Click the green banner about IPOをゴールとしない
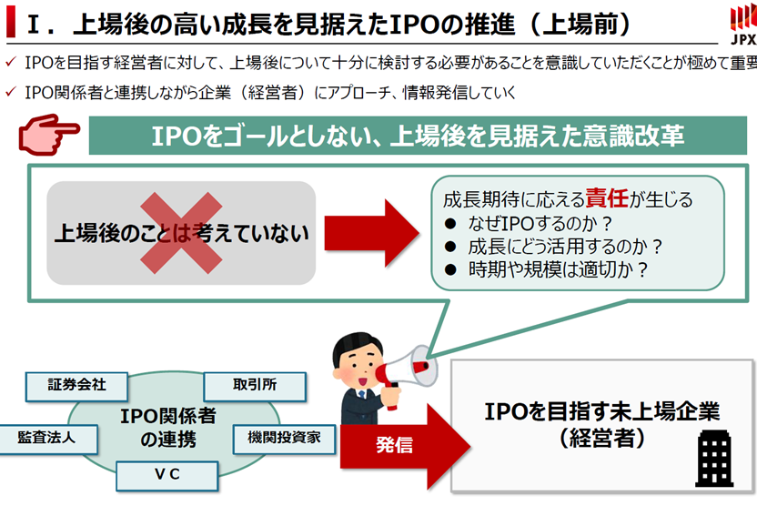click(x=418, y=137)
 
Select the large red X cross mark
click(x=180, y=232)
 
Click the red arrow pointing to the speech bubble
click(x=368, y=232)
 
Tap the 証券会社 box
click(x=77, y=385)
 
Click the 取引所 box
click(x=252, y=385)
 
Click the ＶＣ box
click(x=167, y=474)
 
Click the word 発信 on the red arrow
click(x=394, y=446)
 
